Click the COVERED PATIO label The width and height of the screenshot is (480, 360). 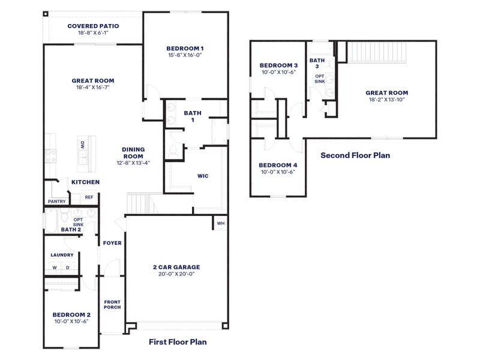pyautogui.click(x=93, y=26)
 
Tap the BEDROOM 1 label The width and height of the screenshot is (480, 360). pyautogui.click(x=185, y=48)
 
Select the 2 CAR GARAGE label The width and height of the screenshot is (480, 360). pyautogui.click(x=176, y=267)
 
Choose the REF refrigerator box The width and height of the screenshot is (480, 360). pyautogui.click(x=89, y=197)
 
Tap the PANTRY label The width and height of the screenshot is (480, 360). pyautogui.click(x=56, y=202)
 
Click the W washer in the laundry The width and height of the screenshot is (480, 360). pyautogui.click(x=54, y=268)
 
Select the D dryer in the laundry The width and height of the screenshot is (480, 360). pyautogui.click(x=67, y=268)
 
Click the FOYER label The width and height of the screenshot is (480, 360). pyautogui.click(x=112, y=243)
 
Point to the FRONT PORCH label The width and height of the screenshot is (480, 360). pyautogui.click(x=112, y=304)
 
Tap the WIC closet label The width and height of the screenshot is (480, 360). pyautogui.click(x=203, y=176)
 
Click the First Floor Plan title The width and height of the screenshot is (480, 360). pyautogui.click(x=178, y=342)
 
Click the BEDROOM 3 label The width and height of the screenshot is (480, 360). pyautogui.click(x=279, y=65)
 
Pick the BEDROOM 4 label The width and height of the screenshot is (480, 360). pyautogui.click(x=278, y=165)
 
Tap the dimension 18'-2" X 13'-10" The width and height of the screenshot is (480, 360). pyautogui.click(x=387, y=100)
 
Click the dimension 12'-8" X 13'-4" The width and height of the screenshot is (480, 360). pyautogui.click(x=134, y=162)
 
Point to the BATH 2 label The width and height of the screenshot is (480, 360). pyautogui.click(x=71, y=229)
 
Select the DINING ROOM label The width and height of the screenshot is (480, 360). pyautogui.click(x=134, y=152)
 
